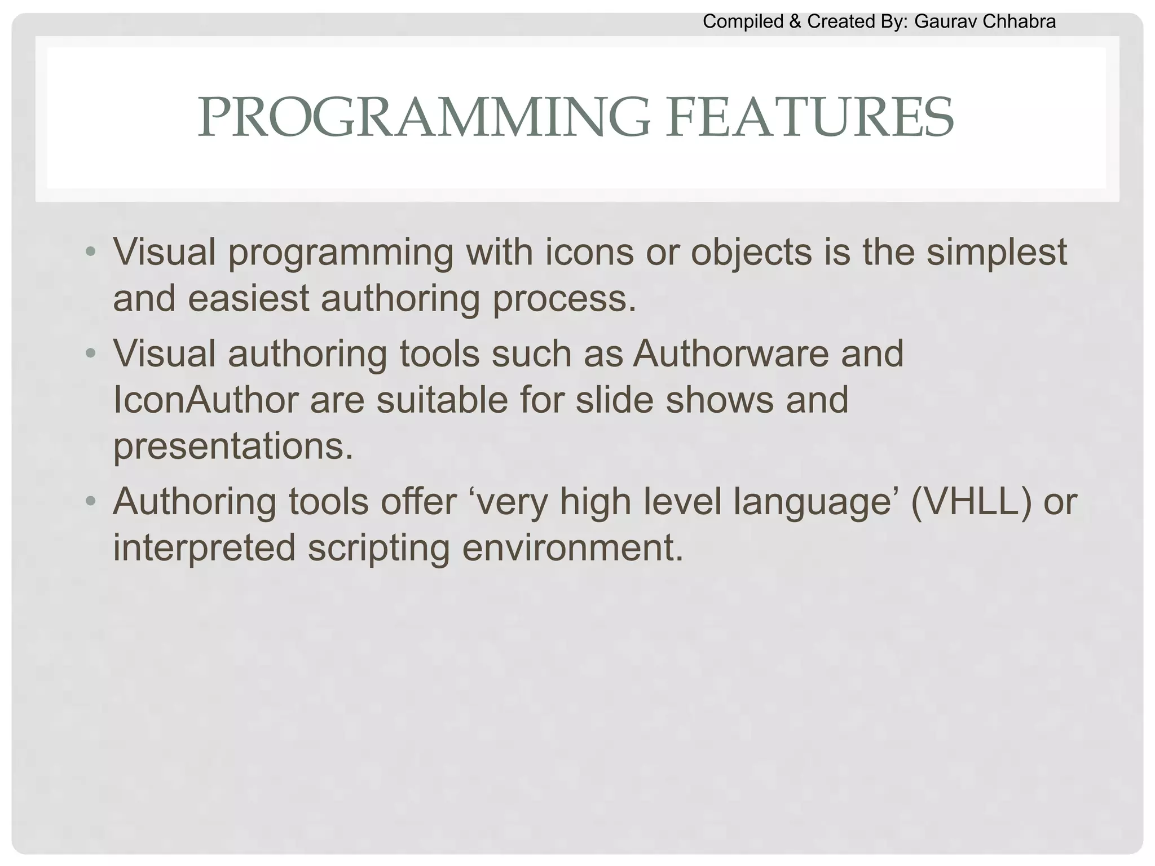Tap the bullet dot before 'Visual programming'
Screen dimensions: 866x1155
click(90, 251)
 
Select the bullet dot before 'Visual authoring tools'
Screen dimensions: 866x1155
click(90, 354)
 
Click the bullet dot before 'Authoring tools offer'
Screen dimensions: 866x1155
click(90, 501)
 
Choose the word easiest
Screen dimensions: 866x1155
click(248, 298)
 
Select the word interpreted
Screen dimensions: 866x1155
click(204, 548)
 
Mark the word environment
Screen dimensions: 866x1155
click(572, 548)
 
